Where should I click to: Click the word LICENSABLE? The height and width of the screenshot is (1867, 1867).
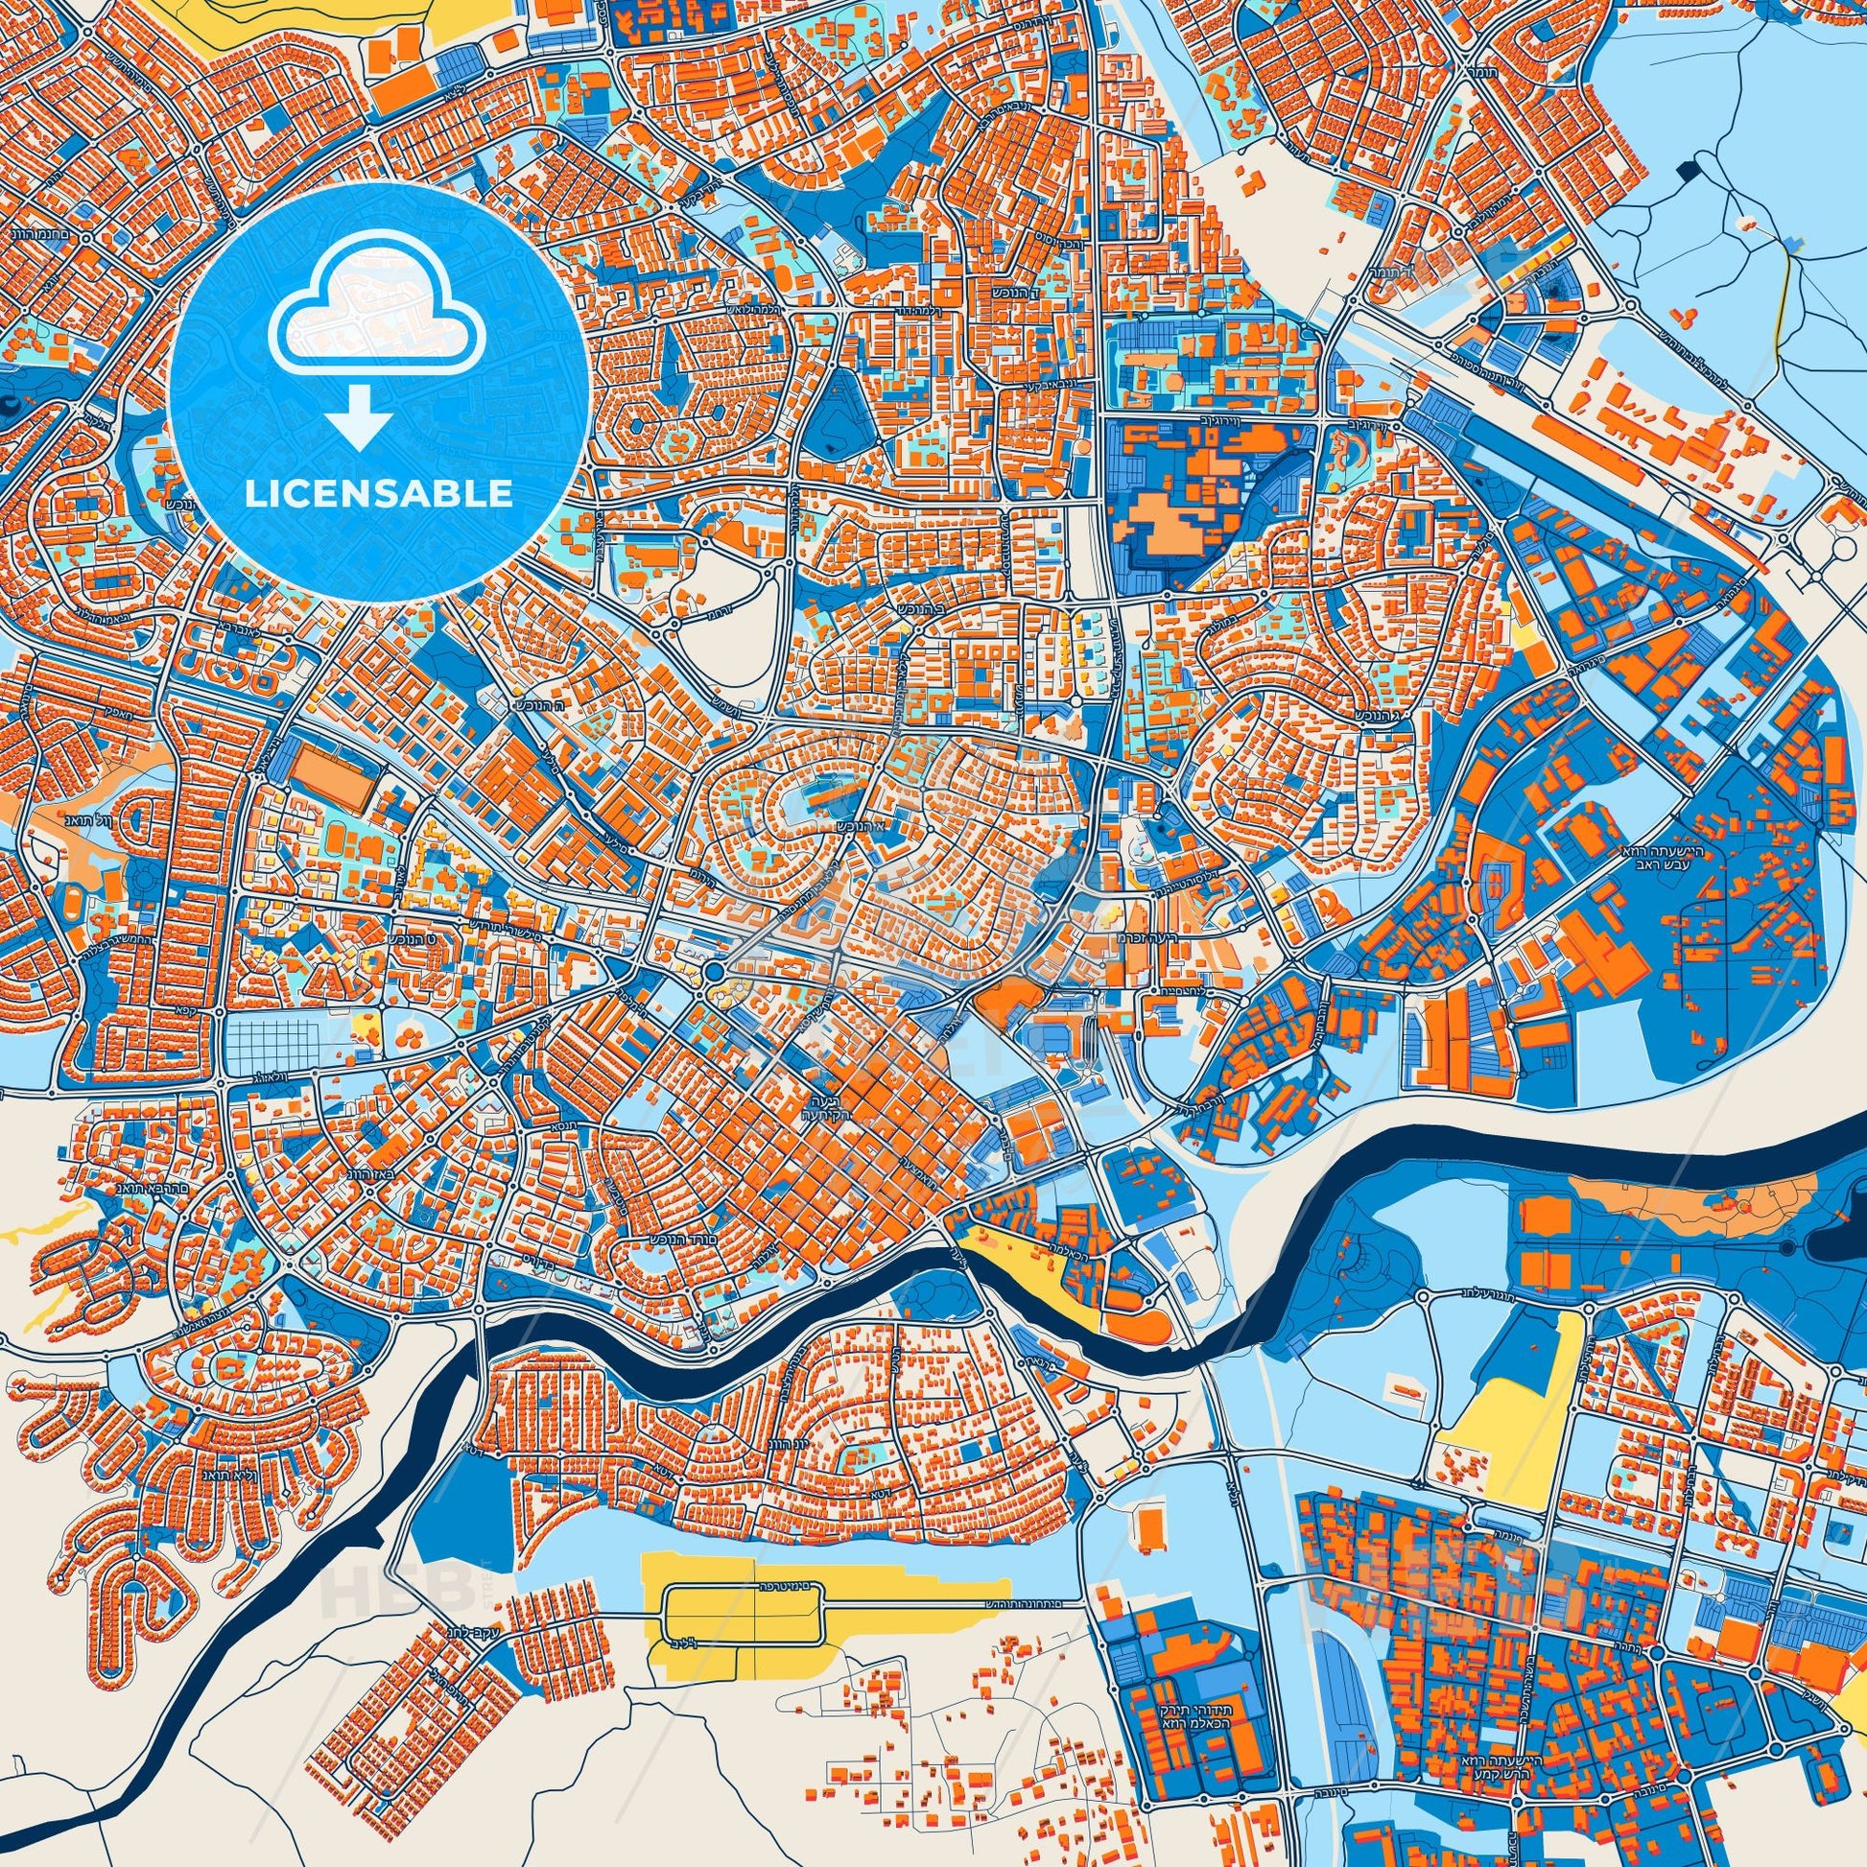pos(379,494)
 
